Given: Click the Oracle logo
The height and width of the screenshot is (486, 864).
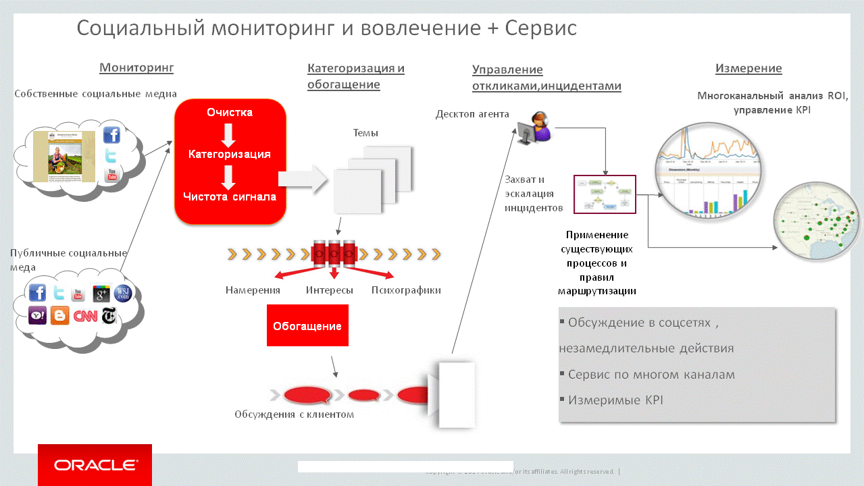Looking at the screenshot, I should click(95, 465).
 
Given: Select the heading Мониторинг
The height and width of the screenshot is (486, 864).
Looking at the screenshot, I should click(136, 67).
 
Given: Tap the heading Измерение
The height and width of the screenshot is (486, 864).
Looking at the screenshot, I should click(748, 68).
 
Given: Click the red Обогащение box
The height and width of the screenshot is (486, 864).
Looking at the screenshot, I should click(307, 325).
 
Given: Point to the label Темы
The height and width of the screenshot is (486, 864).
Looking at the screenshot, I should click(365, 133).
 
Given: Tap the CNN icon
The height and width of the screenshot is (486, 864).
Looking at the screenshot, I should click(85, 315).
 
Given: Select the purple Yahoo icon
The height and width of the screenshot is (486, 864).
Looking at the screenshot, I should click(38, 315).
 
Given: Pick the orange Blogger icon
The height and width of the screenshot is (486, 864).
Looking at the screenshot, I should click(60, 315).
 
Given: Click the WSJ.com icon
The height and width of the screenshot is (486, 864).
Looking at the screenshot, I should click(123, 293).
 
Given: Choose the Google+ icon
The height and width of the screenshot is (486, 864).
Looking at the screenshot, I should click(101, 294).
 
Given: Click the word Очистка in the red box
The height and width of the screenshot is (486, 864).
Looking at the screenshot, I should click(230, 112).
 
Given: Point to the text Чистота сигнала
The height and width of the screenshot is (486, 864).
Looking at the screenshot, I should click(230, 196).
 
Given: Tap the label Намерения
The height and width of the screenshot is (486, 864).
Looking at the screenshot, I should click(253, 290).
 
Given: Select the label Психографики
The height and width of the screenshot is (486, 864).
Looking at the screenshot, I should click(406, 290).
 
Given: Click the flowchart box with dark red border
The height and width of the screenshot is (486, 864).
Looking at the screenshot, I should click(605, 195).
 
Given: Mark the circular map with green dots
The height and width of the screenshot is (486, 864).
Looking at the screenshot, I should click(817, 221).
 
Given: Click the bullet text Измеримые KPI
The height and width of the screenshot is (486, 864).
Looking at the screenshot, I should click(615, 400).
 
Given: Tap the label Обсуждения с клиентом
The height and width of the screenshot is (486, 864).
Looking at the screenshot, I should click(294, 414).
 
